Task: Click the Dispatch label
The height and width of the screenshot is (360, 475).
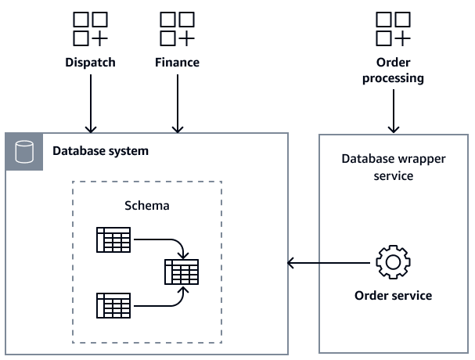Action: coord(90,63)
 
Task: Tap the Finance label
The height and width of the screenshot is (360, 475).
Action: coord(177,63)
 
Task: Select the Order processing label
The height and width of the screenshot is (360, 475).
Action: coord(394,70)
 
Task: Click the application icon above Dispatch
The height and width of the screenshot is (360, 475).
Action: coord(90,28)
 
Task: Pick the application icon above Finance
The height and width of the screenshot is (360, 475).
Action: coord(177,28)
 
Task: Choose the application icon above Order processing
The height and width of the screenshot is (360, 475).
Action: coord(394,28)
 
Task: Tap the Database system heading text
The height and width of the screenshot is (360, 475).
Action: coord(100,151)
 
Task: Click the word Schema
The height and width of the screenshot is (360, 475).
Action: coord(147,206)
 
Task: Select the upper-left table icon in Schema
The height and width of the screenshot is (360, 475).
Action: coord(113,240)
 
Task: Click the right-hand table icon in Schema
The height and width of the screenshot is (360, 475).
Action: coord(182,272)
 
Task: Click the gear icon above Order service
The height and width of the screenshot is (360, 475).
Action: coord(393,263)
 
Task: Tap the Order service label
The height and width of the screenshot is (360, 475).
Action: coord(393,296)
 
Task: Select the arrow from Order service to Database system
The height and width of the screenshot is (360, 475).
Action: coord(329,263)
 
